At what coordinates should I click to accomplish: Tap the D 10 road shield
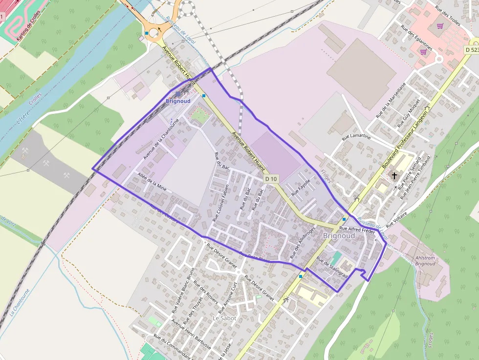pyautogui.click(x=271, y=179)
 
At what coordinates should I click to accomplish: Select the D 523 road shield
pyautogui.click(x=471, y=50)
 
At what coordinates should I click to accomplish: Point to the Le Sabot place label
pyautogui.click(x=224, y=318)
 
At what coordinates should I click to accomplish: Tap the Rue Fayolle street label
pyautogui.click(x=301, y=188)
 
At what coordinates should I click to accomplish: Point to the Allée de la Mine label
pyautogui.click(x=153, y=180)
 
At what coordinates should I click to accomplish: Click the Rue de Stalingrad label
pyautogui.click(x=332, y=268)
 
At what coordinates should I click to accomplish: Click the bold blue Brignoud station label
pyautogui.click(x=178, y=101)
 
